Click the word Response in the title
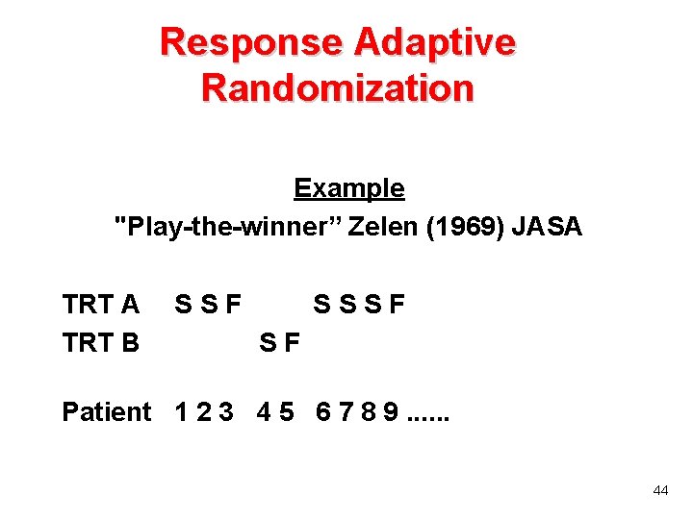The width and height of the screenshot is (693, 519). click(x=252, y=42)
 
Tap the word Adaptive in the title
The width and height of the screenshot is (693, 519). click(x=435, y=42)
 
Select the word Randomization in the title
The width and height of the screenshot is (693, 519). click(x=338, y=87)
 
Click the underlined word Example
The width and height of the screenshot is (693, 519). click(x=348, y=188)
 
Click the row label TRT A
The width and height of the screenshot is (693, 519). click(x=100, y=306)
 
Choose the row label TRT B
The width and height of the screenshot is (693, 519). click(x=100, y=342)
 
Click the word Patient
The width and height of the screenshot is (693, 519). click(x=106, y=412)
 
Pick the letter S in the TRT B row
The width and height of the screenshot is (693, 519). click(x=269, y=342)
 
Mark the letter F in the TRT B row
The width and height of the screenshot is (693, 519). click(x=294, y=342)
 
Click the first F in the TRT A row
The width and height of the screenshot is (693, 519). click(x=232, y=306)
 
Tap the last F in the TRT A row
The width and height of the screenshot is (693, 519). click(x=397, y=306)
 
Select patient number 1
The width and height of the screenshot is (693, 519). click(x=182, y=412)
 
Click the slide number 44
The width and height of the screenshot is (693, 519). click(x=660, y=490)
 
